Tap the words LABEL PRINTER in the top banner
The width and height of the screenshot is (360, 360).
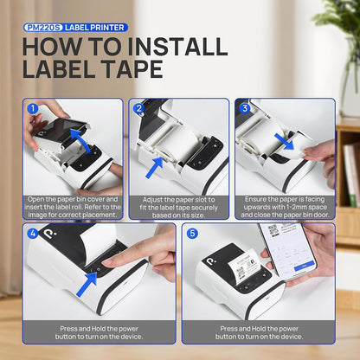[x=96, y=28]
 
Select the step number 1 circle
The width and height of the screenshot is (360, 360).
[x=33, y=109]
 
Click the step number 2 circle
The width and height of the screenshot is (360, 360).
[x=138, y=109]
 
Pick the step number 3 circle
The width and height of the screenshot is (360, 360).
[x=245, y=109]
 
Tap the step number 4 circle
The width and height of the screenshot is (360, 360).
[x=33, y=234]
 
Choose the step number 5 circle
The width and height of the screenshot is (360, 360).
[x=191, y=234]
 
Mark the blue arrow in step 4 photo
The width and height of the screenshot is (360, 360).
[x=87, y=281]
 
